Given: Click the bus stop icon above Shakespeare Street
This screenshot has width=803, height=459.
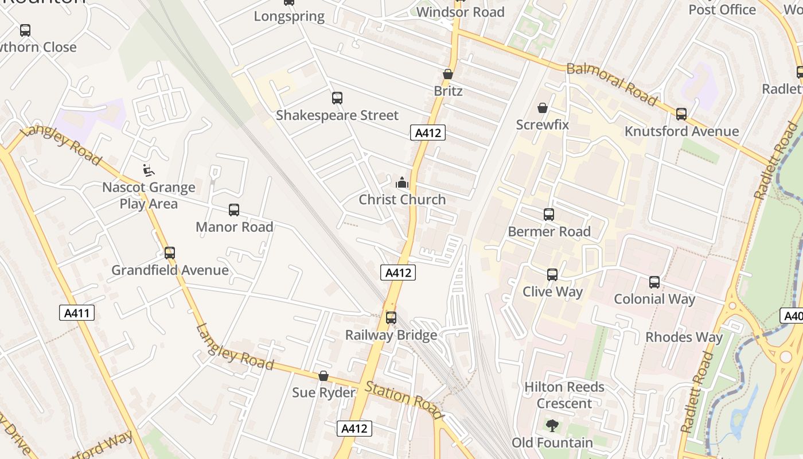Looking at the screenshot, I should (337, 98).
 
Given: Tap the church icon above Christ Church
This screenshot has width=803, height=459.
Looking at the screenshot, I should (402, 183).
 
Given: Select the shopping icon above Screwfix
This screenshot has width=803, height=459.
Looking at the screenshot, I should (542, 108).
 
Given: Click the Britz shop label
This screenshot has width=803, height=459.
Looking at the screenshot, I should (448, 91).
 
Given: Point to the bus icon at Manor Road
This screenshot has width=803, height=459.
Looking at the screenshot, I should (233, 210).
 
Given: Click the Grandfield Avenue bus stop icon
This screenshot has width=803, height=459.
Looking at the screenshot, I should (169, 253).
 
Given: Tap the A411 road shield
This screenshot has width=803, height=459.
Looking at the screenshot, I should (77, 313).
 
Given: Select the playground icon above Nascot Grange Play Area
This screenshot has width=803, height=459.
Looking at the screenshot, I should (148, 170).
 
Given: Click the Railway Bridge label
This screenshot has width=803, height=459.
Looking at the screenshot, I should (391, 334).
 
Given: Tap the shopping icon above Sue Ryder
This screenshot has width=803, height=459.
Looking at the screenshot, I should (323, 376).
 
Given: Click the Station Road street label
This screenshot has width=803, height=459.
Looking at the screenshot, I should (404, 399).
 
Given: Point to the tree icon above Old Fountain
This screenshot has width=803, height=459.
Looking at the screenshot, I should (552, 426).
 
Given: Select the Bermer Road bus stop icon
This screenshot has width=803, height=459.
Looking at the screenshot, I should (549, 215).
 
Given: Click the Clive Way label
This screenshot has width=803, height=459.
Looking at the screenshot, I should (552, 291).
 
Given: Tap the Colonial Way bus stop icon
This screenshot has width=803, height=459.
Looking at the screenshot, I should (654, 282).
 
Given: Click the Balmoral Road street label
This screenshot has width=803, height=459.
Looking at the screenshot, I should (611, 84).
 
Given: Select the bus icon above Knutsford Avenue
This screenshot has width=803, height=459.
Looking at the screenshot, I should (681, 114).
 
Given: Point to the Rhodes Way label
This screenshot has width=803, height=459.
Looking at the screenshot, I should (684, 337).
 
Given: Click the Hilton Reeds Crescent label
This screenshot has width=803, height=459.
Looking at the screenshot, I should (564, 395).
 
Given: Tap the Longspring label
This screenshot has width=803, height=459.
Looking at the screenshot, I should (289, 16).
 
